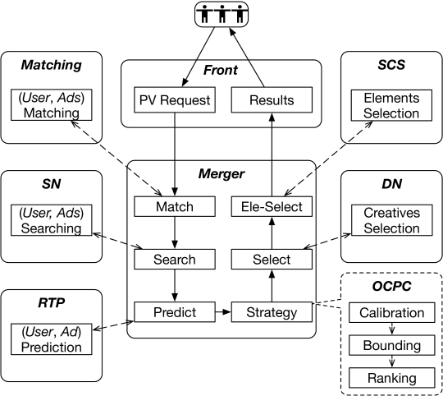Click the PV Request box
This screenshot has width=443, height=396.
pos(175,100)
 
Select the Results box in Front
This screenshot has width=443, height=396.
pos(272,100)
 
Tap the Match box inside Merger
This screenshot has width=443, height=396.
pos(175,206)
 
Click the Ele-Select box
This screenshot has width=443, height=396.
pos(272,206)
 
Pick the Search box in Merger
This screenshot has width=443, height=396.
pos(175,259)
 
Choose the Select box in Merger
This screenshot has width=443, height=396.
pos(272,259)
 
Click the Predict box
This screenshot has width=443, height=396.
pos(175,312)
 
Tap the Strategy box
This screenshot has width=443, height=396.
pos(272,312)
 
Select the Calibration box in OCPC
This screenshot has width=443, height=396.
pos(392,312)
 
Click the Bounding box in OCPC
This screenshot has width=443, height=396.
pos(392,345)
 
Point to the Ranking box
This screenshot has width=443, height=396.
pos(392,378)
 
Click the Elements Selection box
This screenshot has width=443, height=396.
pos(391,105)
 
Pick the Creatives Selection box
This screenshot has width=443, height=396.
pos(392,220)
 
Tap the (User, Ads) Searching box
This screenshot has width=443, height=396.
pos(52,220)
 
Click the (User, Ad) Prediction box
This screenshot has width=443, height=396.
pos(52,339)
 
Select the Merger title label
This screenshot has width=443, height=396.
pos(221,173)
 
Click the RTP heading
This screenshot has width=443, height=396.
pos(52,302)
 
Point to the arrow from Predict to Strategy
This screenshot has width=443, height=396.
pos(223,312)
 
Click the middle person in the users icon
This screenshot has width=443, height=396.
pos(222,13)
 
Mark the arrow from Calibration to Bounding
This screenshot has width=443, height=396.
pos(392,329)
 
